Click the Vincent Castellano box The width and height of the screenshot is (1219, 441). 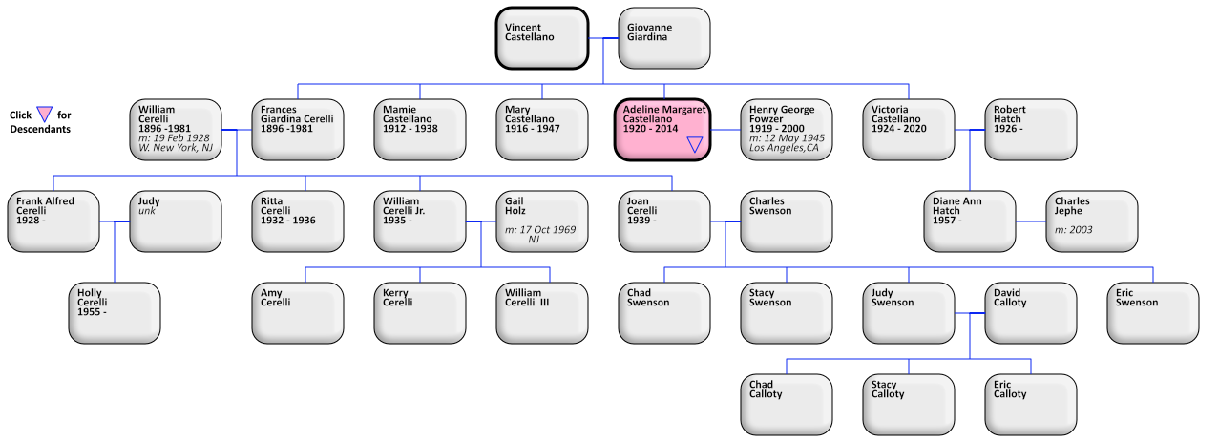click(x=541, y=38)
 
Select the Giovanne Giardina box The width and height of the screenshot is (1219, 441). click(x=663, y=38)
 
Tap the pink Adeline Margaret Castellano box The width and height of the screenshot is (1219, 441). click(x=662, y=129)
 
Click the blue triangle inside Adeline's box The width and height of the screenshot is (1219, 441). click(x=695, y=144)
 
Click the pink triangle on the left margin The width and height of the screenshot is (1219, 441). click(x=44, y=115)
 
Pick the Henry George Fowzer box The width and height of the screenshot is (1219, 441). click(x=786, y=129)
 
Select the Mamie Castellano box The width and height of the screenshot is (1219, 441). click(x=419, y=129)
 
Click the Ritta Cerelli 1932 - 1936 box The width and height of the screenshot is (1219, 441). click(x=297, y=220)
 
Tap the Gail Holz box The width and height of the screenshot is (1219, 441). click(x=541, y=220)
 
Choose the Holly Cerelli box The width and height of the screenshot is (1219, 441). click(x=114, y=312)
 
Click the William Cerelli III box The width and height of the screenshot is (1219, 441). click(x=541, y=312)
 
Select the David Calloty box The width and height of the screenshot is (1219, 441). click(x=1030, y=312)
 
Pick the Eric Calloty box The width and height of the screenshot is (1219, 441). click(x=1030, y=404)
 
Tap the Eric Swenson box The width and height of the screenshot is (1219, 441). click(x=1152, y=312)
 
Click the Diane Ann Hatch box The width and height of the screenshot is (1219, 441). click(x=969, y=220)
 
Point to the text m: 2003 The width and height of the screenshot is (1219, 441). click(x=1074, y=230)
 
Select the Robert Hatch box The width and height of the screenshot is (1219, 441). click(x=1030, y=129)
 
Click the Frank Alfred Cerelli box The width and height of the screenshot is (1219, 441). click(x=53, y=220)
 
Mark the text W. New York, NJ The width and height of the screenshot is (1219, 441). click(x=176, y=148)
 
